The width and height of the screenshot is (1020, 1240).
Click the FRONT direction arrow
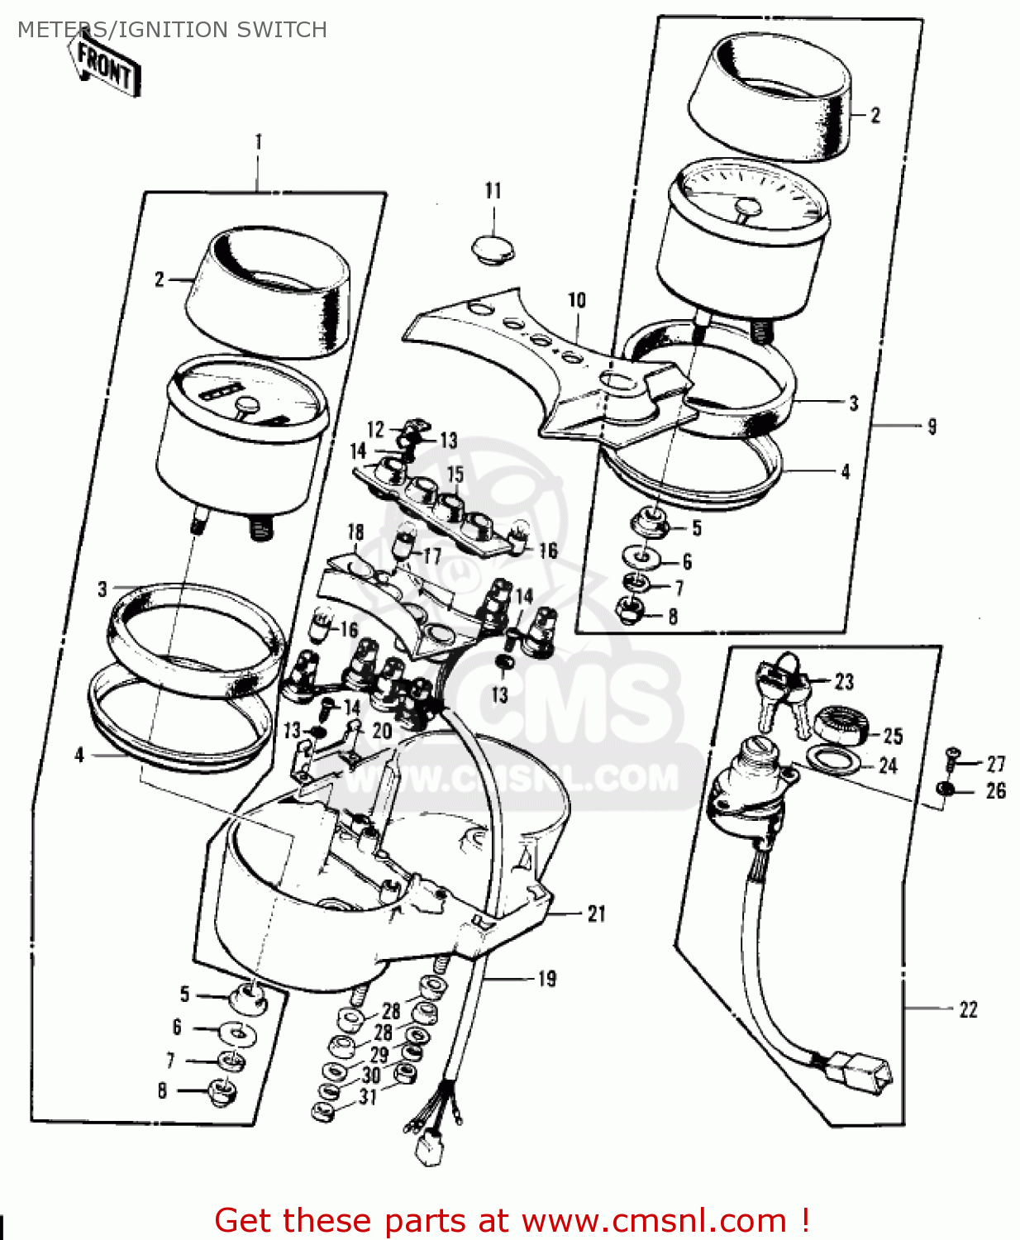(x=106, y=64)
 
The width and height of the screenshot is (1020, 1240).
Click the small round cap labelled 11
(x=493, y=250)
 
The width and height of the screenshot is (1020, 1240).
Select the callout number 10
(x=577, y=300)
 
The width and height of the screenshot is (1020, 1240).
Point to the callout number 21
(x=597, y=913)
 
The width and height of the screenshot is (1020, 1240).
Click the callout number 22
(x=968, y=1010)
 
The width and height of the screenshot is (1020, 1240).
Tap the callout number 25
(x=893, y=736)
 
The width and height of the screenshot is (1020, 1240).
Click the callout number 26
(x=996, y=791)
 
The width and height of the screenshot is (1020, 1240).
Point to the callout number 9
(x=932, y=427)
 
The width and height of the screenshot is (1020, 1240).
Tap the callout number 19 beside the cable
(x=547, y=978)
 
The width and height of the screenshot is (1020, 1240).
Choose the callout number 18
(x=355, y=532)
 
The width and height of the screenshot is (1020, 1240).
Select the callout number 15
(x=455, y=474)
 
